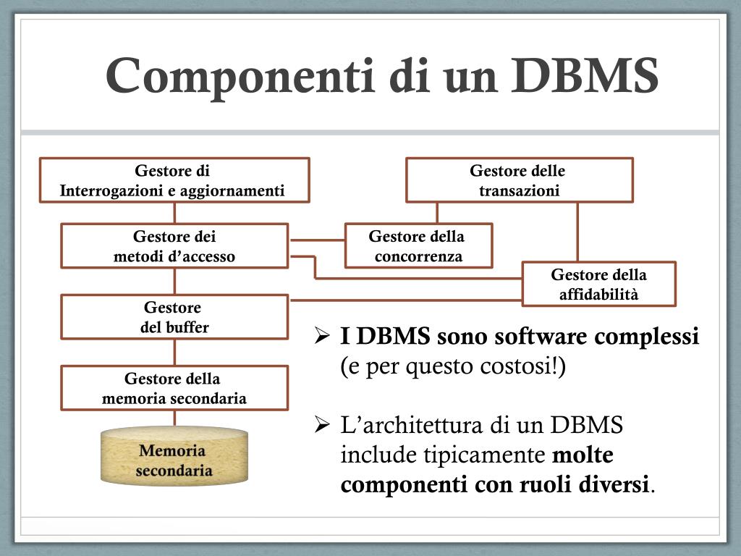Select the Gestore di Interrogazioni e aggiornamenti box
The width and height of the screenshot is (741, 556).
coord(174,180)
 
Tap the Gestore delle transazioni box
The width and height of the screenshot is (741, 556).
coord(519,180)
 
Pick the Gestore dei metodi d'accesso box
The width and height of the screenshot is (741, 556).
coord(174,246)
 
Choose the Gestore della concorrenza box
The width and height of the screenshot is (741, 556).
coord(418,246)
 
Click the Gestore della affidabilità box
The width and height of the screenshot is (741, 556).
coord(598,284)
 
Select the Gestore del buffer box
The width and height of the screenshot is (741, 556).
coord(174,317)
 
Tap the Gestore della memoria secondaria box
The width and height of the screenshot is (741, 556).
coord(174,388)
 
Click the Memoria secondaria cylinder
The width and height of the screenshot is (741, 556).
coord(174,459)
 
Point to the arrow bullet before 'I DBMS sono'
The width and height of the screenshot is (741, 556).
coord(322,337)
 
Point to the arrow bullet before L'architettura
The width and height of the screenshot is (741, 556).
coord(322,425)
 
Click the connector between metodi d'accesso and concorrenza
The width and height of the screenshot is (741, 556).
coord(316,240)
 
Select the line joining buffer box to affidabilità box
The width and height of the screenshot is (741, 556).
coord(405,300)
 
